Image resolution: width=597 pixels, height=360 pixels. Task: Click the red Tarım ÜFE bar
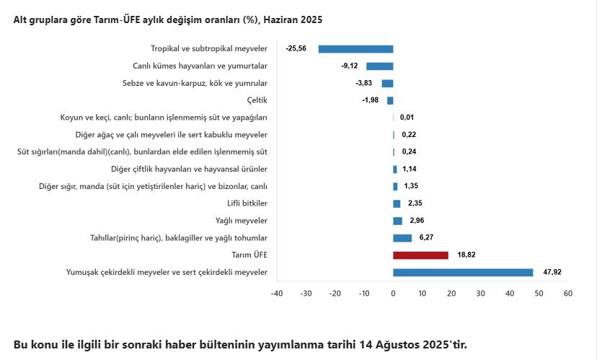[420, 255]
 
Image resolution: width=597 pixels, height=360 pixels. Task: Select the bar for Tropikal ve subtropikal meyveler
[355, 49]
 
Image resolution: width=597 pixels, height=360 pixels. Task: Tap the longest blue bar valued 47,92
[463, 273]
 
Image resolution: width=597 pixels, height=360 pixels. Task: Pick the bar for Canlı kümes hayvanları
[379, 66]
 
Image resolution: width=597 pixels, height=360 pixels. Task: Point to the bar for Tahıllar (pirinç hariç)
[402, 238]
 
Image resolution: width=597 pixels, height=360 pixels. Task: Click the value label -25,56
[296, 48]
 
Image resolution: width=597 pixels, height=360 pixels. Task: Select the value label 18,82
[466, 255]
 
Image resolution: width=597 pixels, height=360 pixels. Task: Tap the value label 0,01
[407, 118]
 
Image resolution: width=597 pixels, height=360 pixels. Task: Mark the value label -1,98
[370, 100]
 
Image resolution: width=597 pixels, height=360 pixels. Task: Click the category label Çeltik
[257, 100]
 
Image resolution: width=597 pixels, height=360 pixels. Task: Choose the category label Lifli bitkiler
[247, 203]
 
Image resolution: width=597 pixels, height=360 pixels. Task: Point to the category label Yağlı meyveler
[242, 221]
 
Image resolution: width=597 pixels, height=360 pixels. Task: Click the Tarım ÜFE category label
[249, 255]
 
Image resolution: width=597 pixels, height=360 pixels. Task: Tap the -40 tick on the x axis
[277, 294]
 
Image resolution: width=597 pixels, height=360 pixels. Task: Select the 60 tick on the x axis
[567, 294]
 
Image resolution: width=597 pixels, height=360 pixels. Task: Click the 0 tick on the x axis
[393, 294]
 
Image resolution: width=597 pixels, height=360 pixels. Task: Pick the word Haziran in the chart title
[280, 19]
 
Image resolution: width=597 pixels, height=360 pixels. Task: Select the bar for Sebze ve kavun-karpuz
[387, 84]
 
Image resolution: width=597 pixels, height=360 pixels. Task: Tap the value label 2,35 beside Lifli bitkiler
[415, 203]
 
